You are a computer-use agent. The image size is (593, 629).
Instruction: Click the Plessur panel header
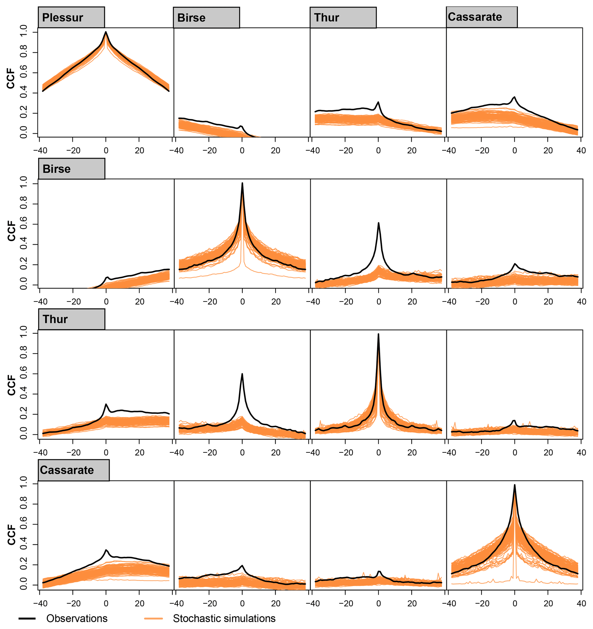click(71, 18)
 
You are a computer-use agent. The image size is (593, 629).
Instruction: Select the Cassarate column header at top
click(481, 17)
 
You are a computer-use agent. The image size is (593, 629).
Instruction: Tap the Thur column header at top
click(343, 18)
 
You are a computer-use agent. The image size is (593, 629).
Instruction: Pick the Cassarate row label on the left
click(73, 470)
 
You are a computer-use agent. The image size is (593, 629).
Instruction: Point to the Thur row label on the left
click(71, 319)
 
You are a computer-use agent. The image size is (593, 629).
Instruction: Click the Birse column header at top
click(206, 18)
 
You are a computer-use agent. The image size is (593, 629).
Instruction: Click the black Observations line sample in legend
click(27, 618)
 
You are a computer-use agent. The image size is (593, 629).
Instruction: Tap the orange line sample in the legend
click(153, 618)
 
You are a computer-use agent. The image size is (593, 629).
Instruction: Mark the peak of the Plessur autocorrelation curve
click(106, 32)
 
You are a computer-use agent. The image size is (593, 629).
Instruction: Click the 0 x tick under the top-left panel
click(106, 151)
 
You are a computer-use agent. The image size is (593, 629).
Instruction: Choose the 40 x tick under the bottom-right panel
click(581, 603)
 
